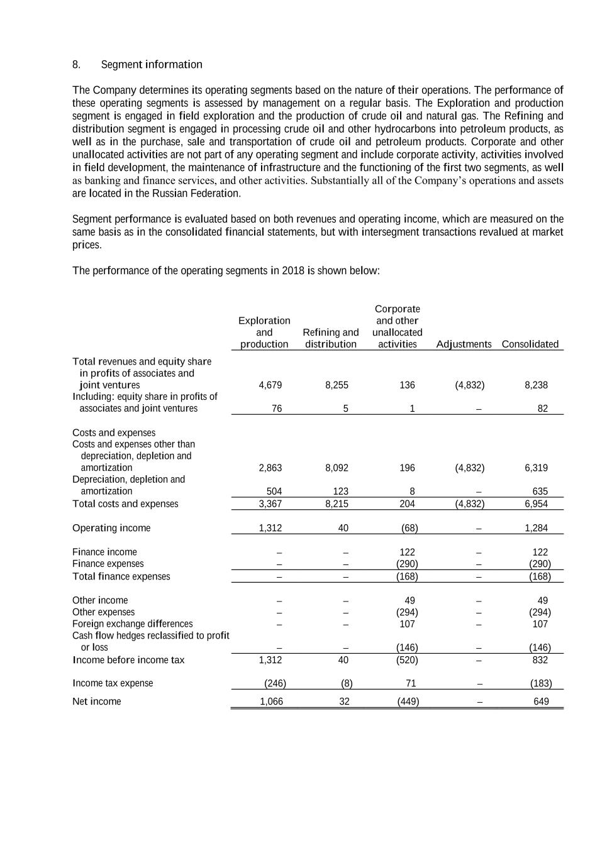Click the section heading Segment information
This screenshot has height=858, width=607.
tap(152, 65)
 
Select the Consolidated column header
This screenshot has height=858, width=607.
tap(530, 344)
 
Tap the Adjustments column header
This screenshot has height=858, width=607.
tap(464, 344)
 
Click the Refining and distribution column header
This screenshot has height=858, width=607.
tap(331, 338)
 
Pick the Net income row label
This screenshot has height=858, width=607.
tap(97, 701)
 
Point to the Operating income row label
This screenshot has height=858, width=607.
tap(111, 528)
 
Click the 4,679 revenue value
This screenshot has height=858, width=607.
tap(270, 385)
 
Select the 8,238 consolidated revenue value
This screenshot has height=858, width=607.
tap(536, 385)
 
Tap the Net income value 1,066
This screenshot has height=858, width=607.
tap(271, 701)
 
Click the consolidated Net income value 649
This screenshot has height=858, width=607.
tap(541, 701)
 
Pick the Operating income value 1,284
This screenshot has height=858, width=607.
tap(536, 528)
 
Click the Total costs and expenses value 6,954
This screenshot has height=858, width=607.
tap(536, 504)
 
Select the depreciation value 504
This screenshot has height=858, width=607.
tap(274, 492)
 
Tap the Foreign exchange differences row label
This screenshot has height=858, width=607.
tap(133, 624)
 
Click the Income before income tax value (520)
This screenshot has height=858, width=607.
tap(408, 660)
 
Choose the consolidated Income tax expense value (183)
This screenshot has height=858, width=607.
tap(540, 683)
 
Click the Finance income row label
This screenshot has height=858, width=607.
tap(104, 553)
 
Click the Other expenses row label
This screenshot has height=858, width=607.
tap(103, 612)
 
